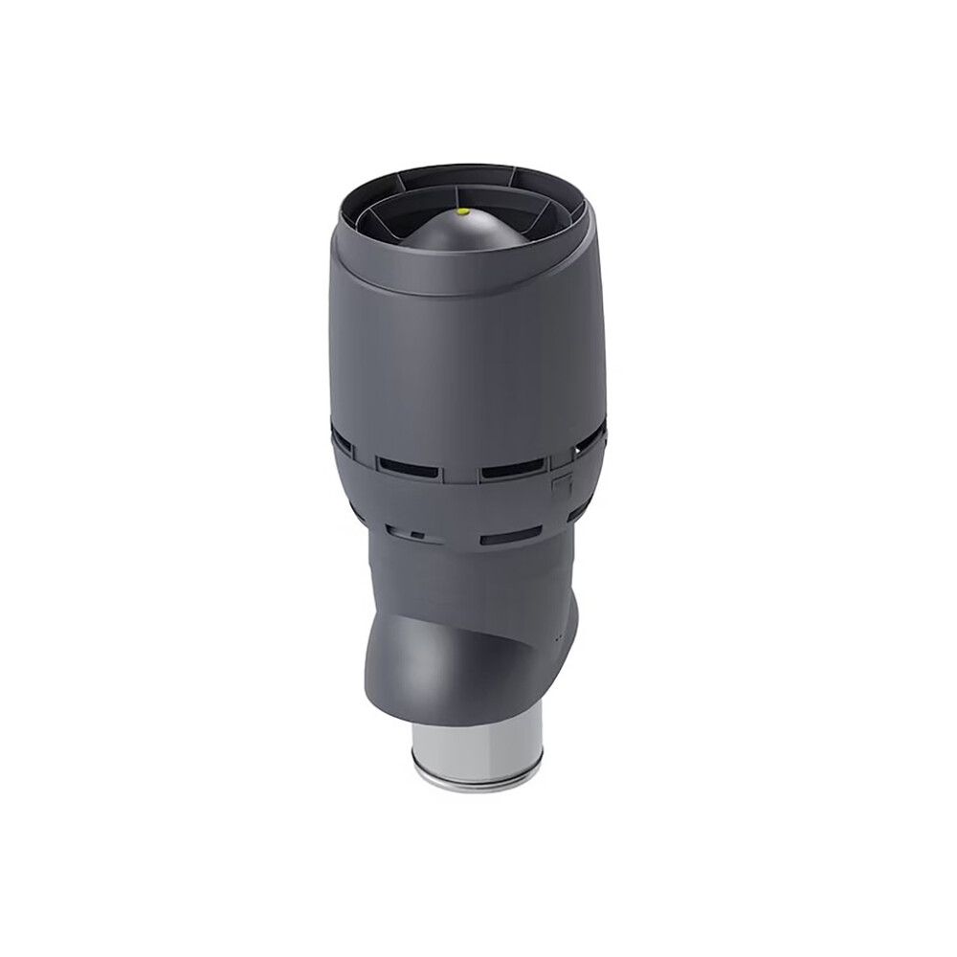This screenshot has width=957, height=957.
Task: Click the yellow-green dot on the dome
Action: pyautogui.click(x=463, y=212)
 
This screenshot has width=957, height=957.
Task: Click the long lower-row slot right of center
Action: pyautogui.click(x=512, y=538)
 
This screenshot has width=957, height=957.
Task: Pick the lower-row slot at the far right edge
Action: pyautogui.click(x=577, y=511)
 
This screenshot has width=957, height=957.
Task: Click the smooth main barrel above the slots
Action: pyautogui.click(x=469, y=364)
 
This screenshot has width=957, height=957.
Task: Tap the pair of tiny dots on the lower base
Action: pyautogui.click(x=562, y=634)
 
